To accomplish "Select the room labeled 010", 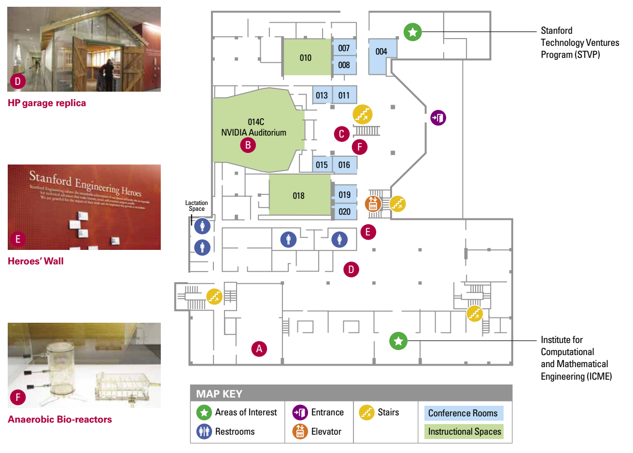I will (x=306, y=58).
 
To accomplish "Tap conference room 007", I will (x=344, y=48).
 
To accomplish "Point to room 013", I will (x=322, y=96).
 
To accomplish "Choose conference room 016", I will (x=344, y=165).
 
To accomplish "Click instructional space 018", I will (x=299, y=196).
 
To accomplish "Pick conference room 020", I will (x=344, y=212).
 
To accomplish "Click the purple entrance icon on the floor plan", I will (x=438, y=118).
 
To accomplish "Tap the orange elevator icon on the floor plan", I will (x=373, y=204).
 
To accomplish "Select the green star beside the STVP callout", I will (x=413, y=32).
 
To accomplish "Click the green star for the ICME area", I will (x=398, y=341).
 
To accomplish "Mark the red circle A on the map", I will (x=259, y=349).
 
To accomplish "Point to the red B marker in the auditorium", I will (x=248, y=145).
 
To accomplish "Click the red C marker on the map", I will (x=342, y=134).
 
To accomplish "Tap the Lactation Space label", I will (x=197, y=206).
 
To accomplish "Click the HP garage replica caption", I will (x=47, y=103).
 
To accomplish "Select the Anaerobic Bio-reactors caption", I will (x=60, y=420).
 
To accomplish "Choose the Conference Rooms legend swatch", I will (x=463, y=413).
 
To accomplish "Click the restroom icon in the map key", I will (x=204, y=431).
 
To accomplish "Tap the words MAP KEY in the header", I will (x=219, y=394).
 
